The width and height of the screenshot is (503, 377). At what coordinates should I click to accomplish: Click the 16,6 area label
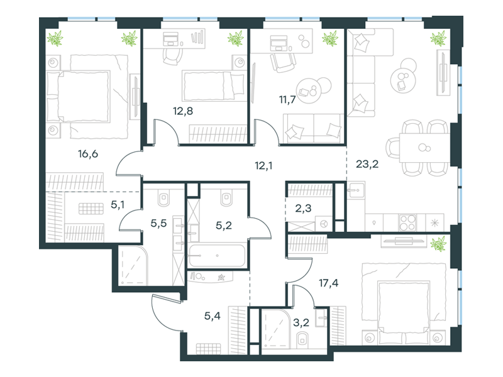(x=88, y=154)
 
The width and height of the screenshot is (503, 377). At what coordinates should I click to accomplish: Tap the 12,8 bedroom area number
(x=183, y=111)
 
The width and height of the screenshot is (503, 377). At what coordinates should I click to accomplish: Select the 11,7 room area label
(x=287, y=100)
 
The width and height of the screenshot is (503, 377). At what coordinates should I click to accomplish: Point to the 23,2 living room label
(x=367, y=164)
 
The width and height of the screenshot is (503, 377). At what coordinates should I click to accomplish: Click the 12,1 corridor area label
(x=263, y=166)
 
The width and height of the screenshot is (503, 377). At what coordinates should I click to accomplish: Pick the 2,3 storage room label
(x=303, y=209)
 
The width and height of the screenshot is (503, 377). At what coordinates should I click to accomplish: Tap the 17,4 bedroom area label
(x=328, y=283)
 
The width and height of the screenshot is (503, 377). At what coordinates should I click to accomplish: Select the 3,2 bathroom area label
(x=301, y=322)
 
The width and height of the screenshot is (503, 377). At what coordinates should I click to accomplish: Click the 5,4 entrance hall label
(x=213, y=316)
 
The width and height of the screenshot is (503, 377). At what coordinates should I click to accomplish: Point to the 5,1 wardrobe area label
(x=118, y=205)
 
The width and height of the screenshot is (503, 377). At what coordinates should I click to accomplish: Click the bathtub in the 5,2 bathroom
(x=217, y=256)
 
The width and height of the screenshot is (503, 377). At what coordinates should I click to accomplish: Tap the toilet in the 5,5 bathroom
(x=164, y=199)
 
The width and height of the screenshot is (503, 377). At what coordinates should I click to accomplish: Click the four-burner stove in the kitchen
(x=407, y=222)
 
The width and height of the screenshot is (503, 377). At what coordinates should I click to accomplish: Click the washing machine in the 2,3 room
(x=324, y=223)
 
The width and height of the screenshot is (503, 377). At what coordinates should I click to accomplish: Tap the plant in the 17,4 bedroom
(x=438, y=244)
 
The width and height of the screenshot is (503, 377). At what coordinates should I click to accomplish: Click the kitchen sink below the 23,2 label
(x=355, y=190)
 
